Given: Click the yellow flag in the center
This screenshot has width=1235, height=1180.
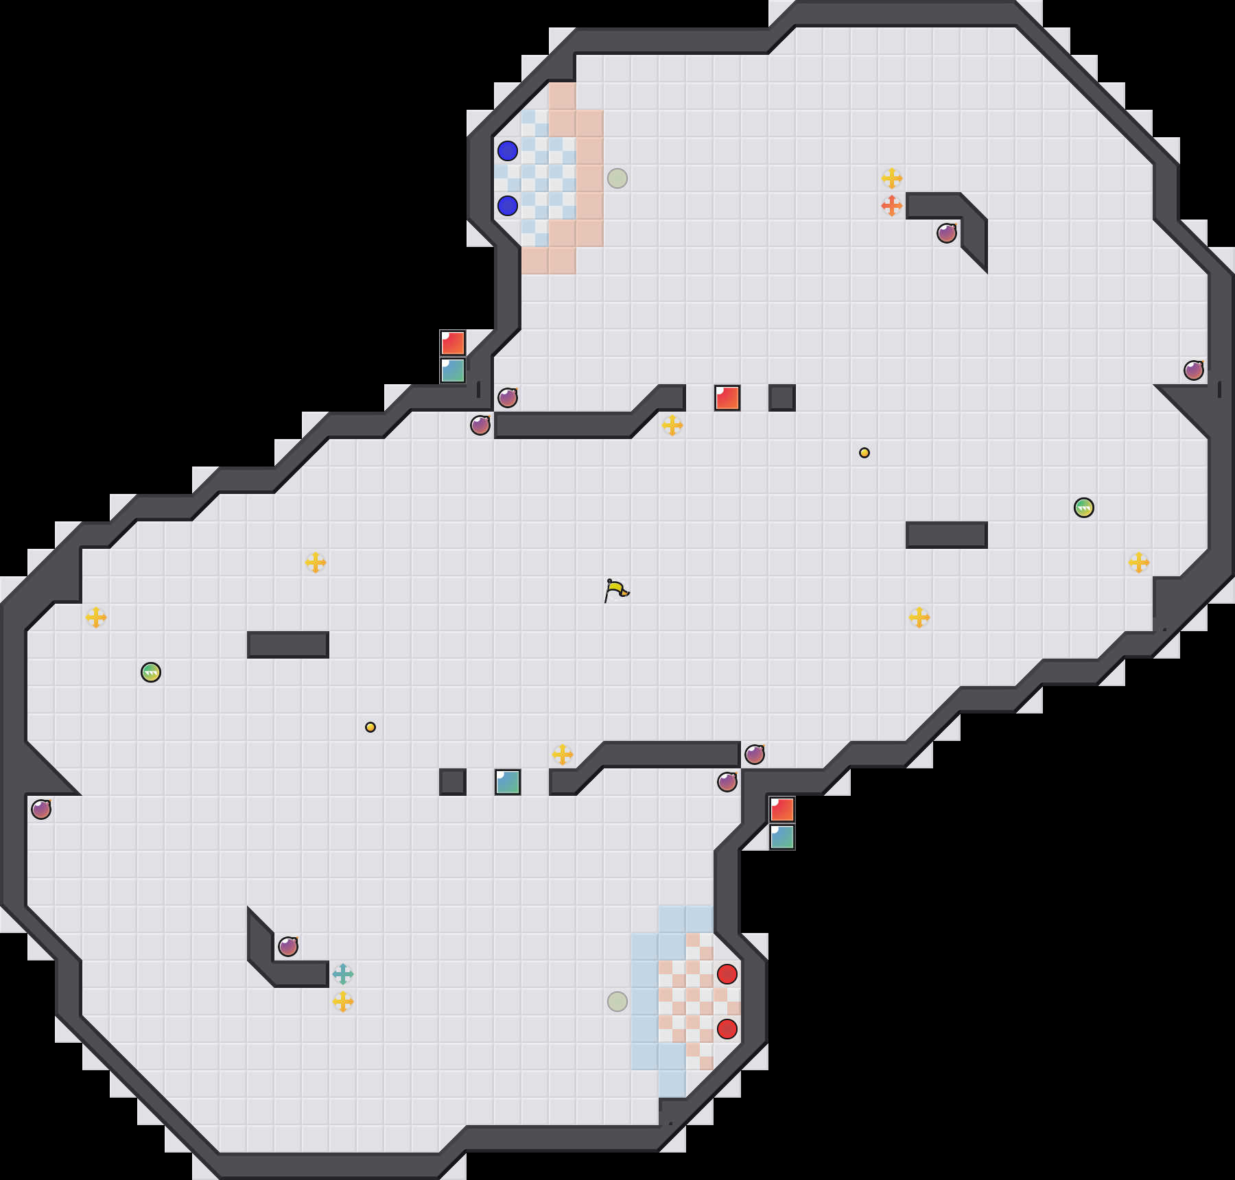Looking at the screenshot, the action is point(616,590).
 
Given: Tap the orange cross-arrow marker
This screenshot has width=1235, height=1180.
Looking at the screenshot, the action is point(891,205).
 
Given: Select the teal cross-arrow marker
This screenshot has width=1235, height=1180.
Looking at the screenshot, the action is point(342,973).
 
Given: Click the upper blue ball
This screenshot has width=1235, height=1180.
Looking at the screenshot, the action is point(508,151).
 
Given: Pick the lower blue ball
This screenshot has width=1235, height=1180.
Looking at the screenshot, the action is point(508,205).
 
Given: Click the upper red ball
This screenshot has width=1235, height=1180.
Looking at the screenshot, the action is point(727,973).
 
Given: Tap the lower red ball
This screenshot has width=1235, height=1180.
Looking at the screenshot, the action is point(727,1028).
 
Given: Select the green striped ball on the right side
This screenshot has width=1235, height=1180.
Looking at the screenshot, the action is point(1084,508).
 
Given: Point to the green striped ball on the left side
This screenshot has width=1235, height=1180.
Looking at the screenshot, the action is point(151,672).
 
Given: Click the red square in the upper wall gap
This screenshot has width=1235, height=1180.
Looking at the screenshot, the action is point(727,398).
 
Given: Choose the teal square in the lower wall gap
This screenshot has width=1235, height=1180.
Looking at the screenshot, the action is point(508,782).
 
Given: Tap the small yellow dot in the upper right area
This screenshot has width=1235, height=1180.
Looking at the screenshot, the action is point(864,453).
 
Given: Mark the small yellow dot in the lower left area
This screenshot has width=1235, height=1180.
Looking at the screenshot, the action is point(370,727).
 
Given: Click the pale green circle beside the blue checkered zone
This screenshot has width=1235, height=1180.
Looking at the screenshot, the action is point(617,178).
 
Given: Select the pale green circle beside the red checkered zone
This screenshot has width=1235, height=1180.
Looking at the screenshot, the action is point(617,1002).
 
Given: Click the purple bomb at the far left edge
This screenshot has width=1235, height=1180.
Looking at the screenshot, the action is point(41,810).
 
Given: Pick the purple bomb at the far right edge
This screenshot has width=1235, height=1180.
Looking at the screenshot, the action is point(1194,370).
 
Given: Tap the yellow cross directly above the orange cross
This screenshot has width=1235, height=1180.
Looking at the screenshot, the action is point(891,178).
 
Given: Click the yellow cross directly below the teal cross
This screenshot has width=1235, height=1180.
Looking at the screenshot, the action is point(342,1002).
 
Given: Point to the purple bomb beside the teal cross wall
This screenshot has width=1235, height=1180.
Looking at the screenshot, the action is point(288,947).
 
